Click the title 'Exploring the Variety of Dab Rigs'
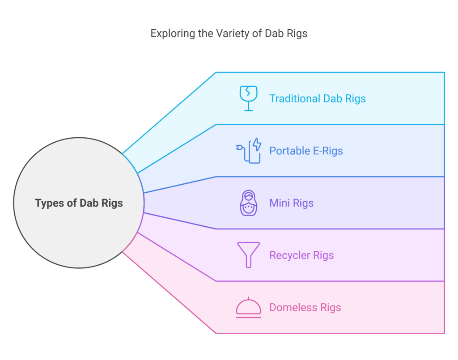(229, 34)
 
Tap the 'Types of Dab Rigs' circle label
(79, 203)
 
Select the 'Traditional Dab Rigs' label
(317, 98)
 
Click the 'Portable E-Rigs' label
(306, 151)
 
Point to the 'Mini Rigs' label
(291, 203)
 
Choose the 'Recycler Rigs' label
(301, 255)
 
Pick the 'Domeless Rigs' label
(305, 308)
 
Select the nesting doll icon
(248, 203)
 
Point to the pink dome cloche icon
(248, 308)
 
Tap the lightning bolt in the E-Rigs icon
(257, 144)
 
